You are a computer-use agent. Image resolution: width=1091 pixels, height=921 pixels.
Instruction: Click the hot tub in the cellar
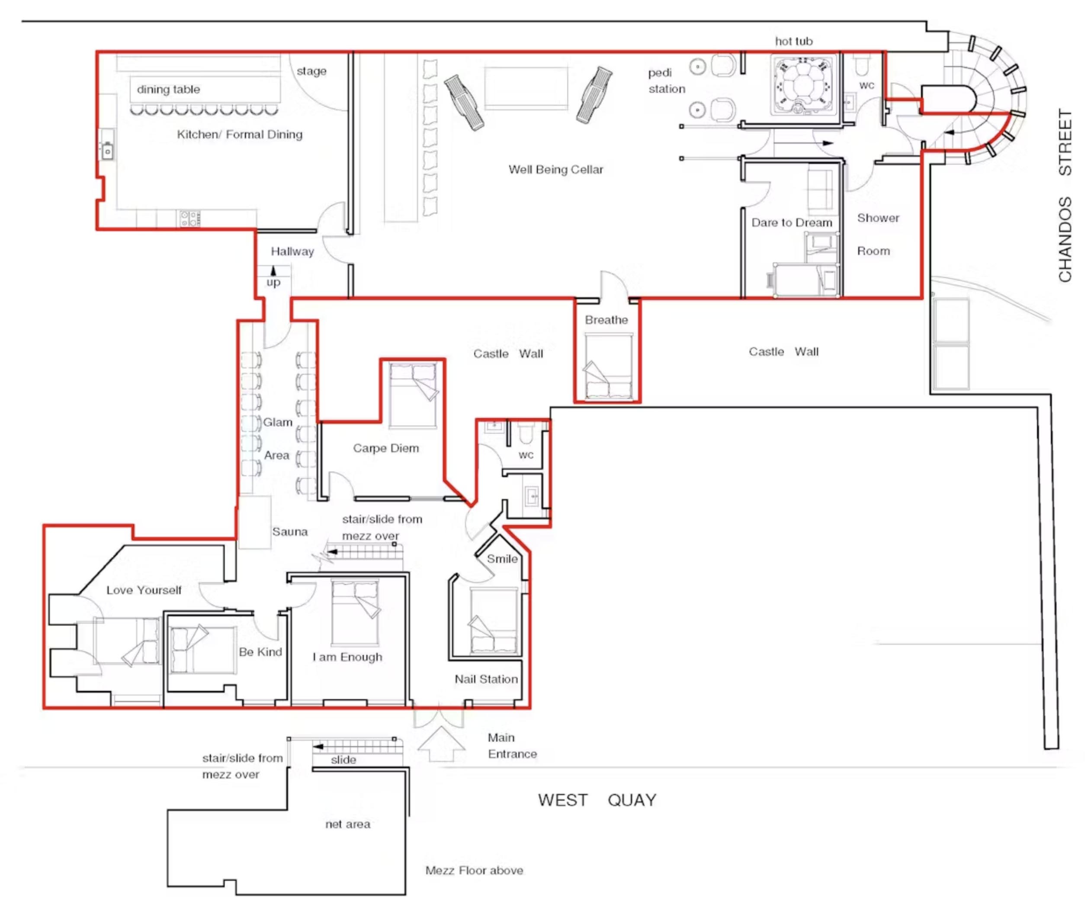[x=803, y=85]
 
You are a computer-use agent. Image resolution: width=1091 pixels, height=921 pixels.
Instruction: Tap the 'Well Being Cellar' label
[x=556, y=169]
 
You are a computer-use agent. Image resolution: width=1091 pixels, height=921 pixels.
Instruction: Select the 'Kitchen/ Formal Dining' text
[x=240, y=134]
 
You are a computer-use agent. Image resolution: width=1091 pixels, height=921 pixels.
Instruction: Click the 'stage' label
[x=311, y=71]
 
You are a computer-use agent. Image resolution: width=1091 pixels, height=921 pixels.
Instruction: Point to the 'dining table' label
[x=168, y=89]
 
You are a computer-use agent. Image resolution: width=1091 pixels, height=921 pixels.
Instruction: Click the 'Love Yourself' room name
[x=144, y=590]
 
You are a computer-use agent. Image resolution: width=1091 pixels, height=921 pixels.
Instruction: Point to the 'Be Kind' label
[x=260, y=652]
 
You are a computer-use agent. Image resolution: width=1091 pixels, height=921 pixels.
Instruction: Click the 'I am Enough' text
[x=347, y=657]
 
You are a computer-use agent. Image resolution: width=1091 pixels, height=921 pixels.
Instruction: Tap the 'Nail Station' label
[x=486, y=679]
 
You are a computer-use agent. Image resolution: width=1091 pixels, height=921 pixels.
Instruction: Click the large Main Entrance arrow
[x=441, y=744]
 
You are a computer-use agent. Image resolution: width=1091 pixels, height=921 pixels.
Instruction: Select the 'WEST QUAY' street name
[x=597, y=800]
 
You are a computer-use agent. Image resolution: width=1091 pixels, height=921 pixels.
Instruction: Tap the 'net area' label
[x=347, y=824]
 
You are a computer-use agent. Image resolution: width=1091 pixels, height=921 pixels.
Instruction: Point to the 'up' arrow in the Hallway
[x=273, y=271]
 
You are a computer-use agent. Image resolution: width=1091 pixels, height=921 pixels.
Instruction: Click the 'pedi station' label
[x=667, y=81]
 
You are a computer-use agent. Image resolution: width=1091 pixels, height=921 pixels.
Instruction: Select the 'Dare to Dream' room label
[x=792, y=222]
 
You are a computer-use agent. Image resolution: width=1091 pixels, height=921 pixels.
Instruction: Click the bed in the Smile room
[x=494, y=622]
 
